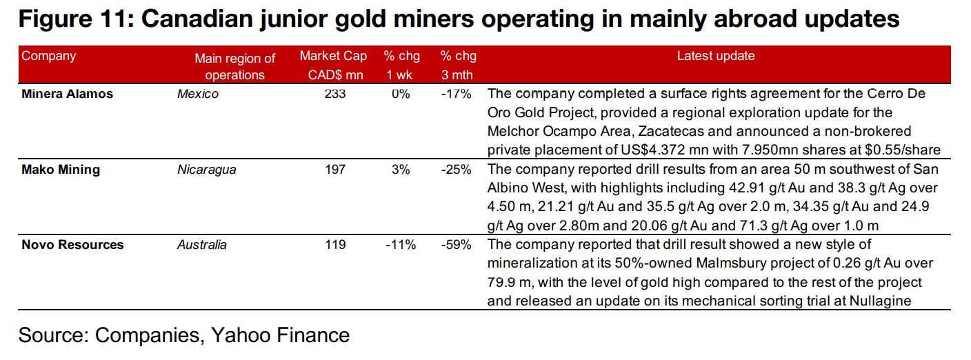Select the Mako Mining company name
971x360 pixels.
point(61,170)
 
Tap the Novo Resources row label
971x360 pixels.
point(72,245)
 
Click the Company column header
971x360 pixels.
point(49,56)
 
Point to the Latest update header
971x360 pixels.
point(716,56)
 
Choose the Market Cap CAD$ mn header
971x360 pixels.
point(334,66)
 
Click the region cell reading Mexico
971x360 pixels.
point(198,94)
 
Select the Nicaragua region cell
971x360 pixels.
point(207,170)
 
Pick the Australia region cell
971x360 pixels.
point(202,245)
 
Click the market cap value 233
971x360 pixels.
point(335,94)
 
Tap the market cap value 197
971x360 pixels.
point(335,170)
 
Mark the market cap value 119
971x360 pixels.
point(335,245)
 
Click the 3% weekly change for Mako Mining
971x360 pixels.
point(400,170)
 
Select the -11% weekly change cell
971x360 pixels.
point(400,245)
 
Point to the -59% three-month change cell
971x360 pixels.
point(457,245)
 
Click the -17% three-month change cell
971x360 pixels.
point(457,94)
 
